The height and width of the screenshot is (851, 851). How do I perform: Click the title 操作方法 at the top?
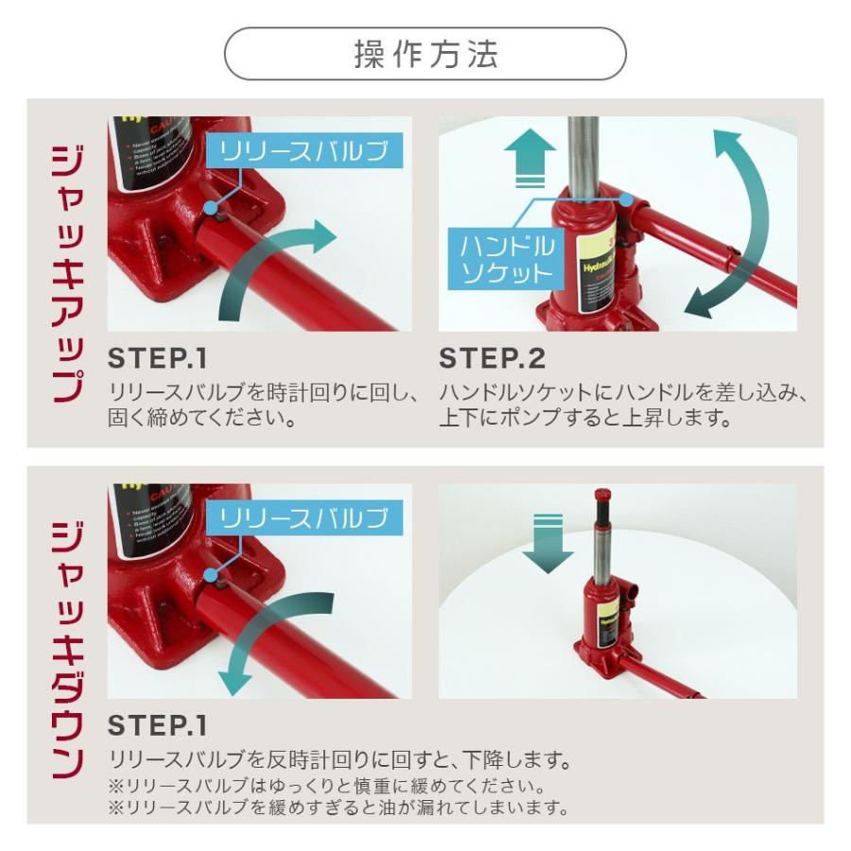(x=425, y=54)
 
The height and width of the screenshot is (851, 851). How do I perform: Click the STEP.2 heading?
(x=492, y=359)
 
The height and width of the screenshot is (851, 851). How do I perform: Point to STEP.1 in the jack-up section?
(x=157, y=359)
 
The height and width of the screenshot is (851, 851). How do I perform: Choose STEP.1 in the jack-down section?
(x=157, y=726)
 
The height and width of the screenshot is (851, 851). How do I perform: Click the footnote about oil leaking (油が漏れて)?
(x=338, y=808)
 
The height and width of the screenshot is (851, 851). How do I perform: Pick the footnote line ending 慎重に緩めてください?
(x=326, y=786)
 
